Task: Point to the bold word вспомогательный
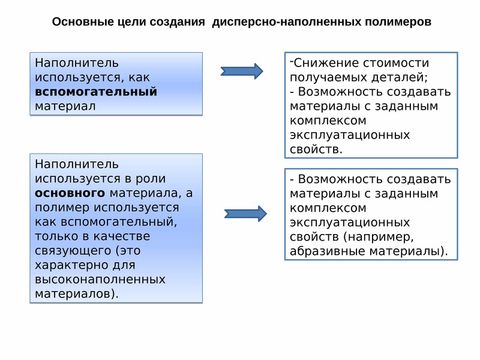(96, 92)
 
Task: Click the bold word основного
(70, 193)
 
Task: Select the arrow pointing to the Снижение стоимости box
(242, 71)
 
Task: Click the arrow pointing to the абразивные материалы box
(245, 214)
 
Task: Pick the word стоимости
(396, 63)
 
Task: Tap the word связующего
(73, 251)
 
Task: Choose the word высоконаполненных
(100, 279)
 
